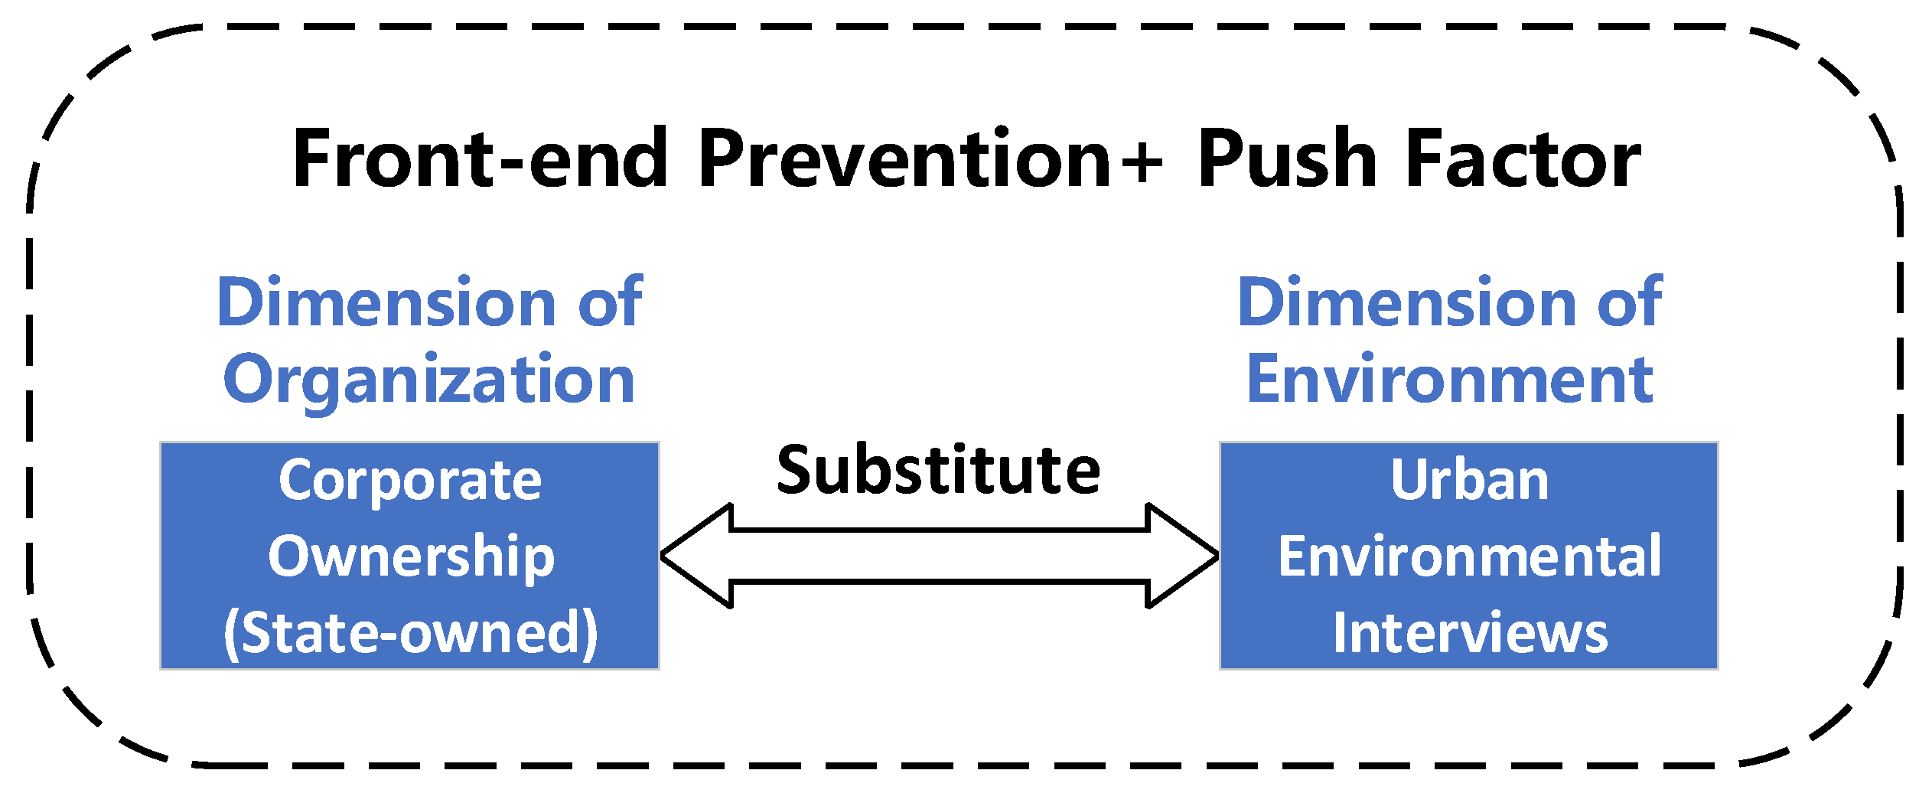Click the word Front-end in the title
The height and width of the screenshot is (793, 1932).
tap(481, 158)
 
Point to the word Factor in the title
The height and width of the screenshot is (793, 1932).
tap(1523, 158)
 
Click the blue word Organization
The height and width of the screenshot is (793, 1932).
tap(429, 380)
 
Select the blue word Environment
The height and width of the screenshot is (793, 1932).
tap(1450, 380)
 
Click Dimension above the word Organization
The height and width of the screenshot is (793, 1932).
tap(387, 302)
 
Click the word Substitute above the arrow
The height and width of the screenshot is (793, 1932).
tap(939, 470)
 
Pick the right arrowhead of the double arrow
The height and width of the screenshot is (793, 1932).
tap(1182, 556)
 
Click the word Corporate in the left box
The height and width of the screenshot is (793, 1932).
tap(410, 481)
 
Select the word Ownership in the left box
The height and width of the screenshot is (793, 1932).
tap(411, 556)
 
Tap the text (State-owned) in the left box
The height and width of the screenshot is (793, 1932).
tap(411, 633)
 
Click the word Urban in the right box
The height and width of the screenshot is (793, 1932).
tap(1470, 481)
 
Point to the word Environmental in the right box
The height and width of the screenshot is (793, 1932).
tap(1470, 556)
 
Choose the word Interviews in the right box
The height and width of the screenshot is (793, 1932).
tap(1470, 633)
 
